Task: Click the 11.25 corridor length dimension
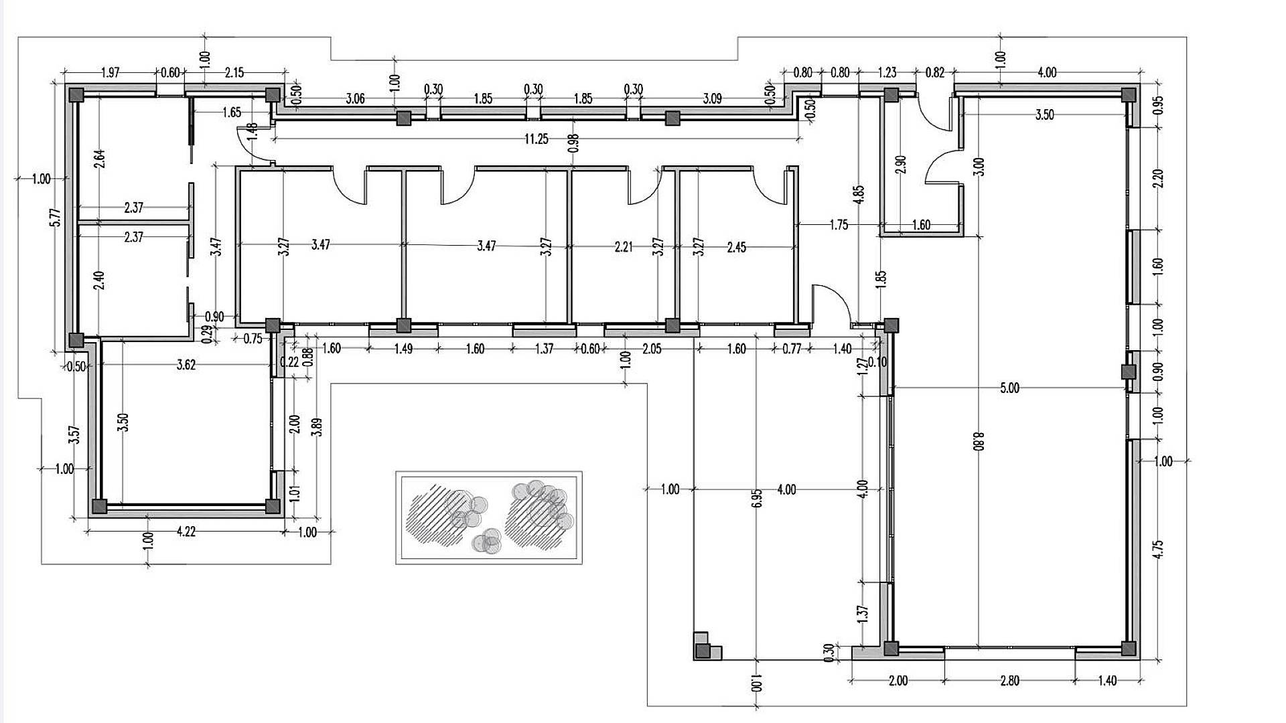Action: point(536,139)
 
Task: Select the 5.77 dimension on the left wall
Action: point(56,218)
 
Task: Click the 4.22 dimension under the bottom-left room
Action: point(186,532)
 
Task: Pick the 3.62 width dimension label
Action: point(186,365)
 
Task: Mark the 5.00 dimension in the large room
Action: point(1009,388)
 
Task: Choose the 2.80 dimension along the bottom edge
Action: point(1009,681)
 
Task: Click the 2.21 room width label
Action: point(623,247)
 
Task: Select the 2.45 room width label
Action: point(736,248)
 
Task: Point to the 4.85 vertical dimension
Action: point(859,198)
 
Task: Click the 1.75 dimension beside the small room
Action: point(838,225)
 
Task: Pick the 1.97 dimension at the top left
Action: point(110,73)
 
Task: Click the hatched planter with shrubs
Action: point(489,517)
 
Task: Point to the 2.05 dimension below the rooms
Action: point(651,349)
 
